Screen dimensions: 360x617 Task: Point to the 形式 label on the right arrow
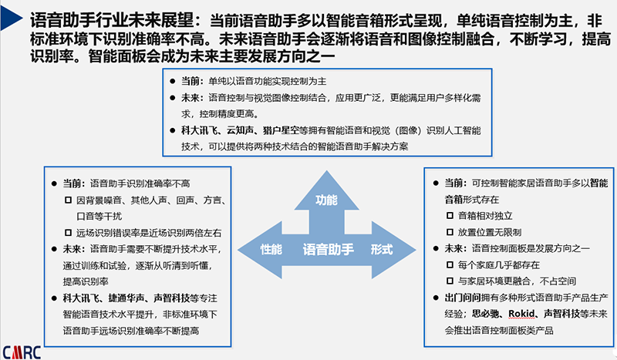tap(381, 249)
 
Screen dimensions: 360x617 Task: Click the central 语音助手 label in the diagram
tap(325, 249)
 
